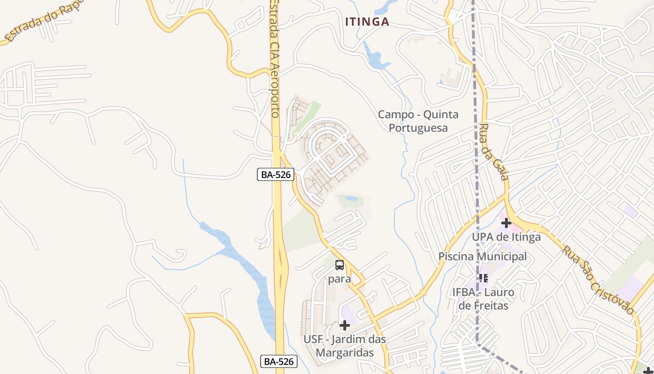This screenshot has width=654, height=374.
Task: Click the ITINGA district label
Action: tap(367, 22)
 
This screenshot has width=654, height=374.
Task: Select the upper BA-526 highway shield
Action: tap(276, 175)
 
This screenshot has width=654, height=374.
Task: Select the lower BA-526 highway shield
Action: tap(278, 361)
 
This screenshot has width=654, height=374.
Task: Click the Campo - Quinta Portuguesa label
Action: tap(418, 121)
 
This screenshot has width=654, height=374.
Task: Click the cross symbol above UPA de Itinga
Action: tap(506, 223)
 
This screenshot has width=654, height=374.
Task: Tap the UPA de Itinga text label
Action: tap(506, 237)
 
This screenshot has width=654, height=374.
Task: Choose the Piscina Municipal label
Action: tap(482, 256)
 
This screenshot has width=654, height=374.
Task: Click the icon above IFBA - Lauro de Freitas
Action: tap(483, 278)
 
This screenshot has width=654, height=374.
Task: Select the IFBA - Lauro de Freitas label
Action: tap(483, 299)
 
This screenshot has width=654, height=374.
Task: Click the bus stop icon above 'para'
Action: tap(340, 265)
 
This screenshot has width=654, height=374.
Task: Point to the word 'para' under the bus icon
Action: tap(340, 279)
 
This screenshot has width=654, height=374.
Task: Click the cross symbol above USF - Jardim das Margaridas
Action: tap(345, 325)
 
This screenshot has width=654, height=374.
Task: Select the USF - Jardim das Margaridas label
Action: tap(345, 345)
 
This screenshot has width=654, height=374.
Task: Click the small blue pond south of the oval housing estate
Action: tap(351, 199)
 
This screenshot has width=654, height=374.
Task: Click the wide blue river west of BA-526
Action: tap(243, 262)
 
